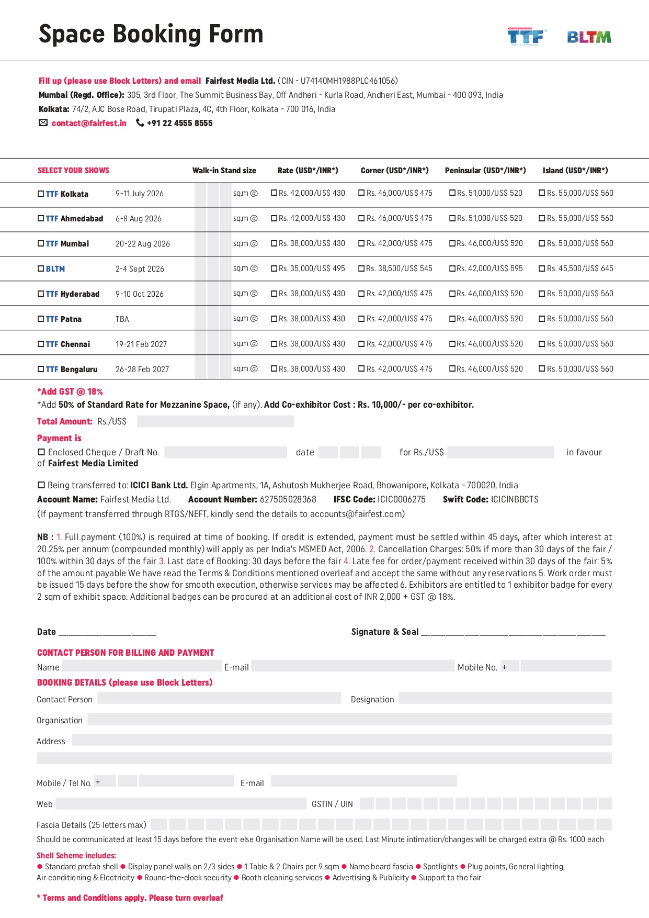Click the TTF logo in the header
[x=526, y=37]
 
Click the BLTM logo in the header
[x=589, y=37]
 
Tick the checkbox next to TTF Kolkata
[x=41, y=194]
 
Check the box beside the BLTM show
[x=41, y=268]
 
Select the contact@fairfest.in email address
[x=89, y=123]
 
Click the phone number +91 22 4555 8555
[x=179, y=123]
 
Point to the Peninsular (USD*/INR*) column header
[x=485, y=171]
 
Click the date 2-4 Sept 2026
[x=140, y=269]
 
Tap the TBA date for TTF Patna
[x=122, y=319]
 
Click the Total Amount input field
[x=215, y=421]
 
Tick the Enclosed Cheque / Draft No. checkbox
[x=41, y=452]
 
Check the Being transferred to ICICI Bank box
[x=41, y=485]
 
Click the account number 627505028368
[x=288, y=499]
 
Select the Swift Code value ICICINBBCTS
[x=515, y=499]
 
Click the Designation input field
[x=505, y=698]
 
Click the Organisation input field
[x=349, y=719]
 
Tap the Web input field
[x=180, y=803]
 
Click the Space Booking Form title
[x=151, y=34]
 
